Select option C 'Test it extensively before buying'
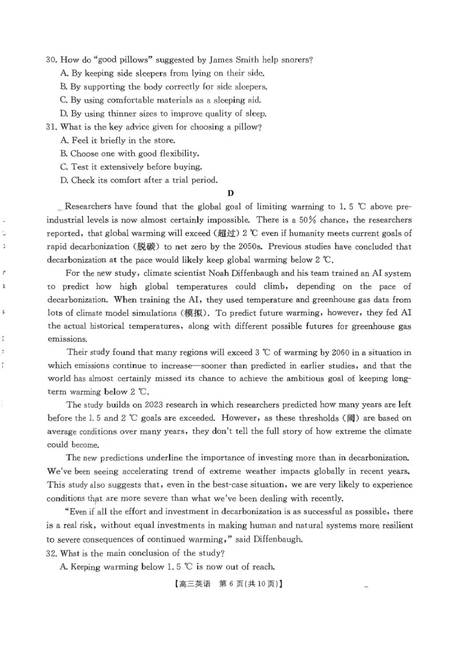(x=136, y=167)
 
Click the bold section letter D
(x=230, y=193)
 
